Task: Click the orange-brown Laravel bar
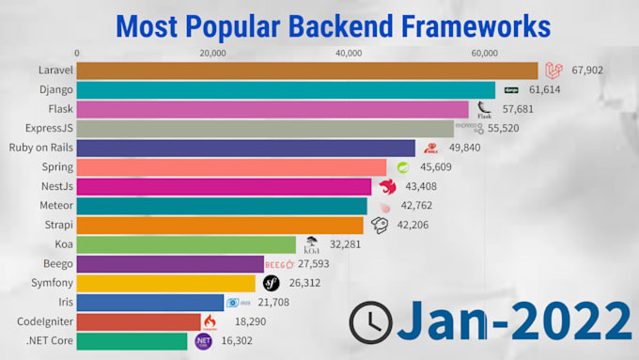coord(306,70)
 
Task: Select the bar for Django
coord(286,90)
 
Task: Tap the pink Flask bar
coord(273,109)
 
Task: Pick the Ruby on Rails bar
coord(245,148)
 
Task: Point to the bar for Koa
coord(186,244)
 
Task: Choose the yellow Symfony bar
coord(165,283)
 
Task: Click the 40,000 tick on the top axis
coord(350,54)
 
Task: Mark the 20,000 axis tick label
coord(212,54)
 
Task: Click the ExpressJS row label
coord(47,129)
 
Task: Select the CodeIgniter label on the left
coord(42,321)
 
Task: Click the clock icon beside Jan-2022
coord(370,322)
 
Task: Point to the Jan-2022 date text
coord(513,322)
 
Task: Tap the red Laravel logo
coord(553,70)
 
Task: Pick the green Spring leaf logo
coord(402,167)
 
